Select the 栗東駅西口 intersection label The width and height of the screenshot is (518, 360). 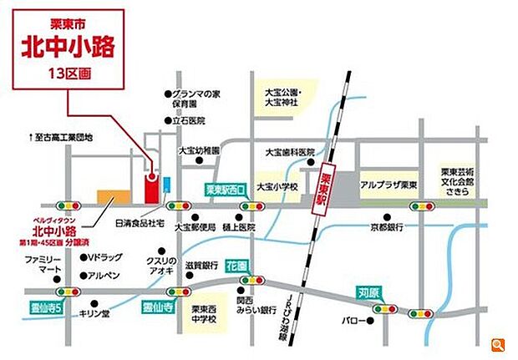point(224,190)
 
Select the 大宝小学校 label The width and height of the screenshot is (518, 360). point(278,186)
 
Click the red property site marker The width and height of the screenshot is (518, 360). point(152,188)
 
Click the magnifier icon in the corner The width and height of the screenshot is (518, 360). point(499,344)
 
